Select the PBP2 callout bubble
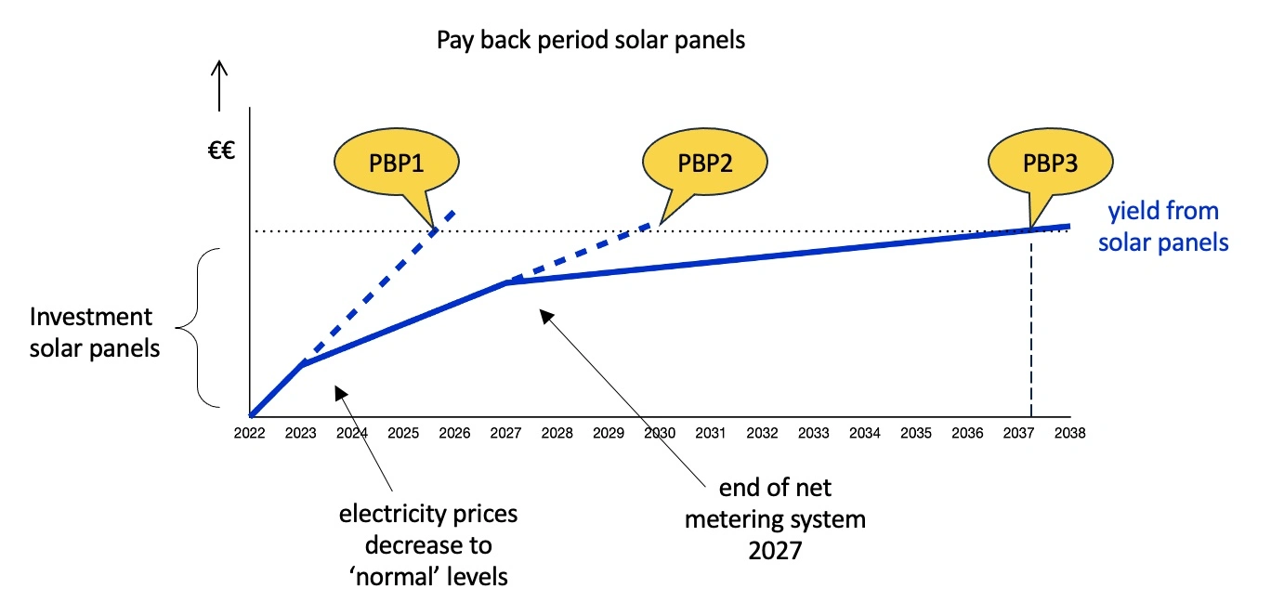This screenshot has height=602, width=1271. [x=705, y=164]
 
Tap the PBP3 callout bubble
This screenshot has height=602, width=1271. [x=1051, y=164]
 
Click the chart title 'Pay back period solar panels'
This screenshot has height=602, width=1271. [x=591, y=41]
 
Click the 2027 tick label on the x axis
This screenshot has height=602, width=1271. [x=504, y=433]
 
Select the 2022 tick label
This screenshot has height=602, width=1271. [x=249, y=433]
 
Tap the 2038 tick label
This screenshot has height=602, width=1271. [x=1070, y=433]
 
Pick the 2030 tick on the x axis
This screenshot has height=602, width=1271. [x=659, y=433]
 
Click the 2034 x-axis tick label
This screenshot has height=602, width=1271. [x=865, y=433]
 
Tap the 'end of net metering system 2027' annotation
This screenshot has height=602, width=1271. [x=775, y=518]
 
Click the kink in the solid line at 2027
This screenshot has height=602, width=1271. [x=505, y=281]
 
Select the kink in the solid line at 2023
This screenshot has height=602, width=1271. [x=302, y=364]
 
